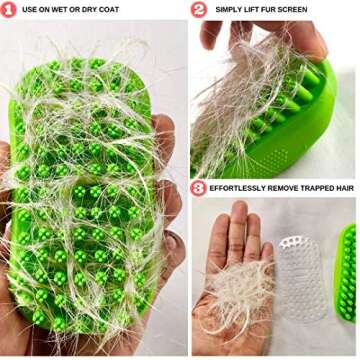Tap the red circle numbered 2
pyautogui.click(x=200, y=10)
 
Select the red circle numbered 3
pyautogui.click(x=200, y=187)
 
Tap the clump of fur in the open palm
pyautogui.click(x=240, y=300)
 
